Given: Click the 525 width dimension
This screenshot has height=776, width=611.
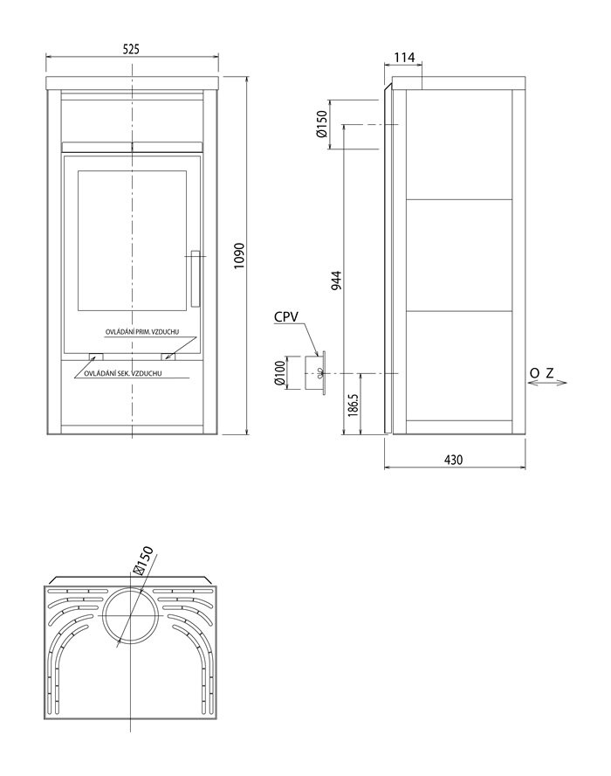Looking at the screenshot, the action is [132, 49].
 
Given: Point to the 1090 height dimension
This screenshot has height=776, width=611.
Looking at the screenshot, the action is [239, 255].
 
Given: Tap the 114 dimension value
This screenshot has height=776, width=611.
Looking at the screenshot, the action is [404, 58].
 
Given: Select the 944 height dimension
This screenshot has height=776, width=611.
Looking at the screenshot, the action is [336, 281].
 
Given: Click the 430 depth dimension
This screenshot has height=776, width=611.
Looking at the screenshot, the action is [453, 460].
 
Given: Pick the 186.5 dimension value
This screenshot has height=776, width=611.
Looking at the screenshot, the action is [353, 405].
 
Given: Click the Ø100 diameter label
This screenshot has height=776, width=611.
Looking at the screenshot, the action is [279, 373].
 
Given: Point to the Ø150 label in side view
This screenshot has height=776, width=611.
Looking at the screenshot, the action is [321, 124].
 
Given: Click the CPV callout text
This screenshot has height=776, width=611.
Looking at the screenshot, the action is [286, 316].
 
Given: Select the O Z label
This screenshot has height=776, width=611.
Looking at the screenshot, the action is [542, 373].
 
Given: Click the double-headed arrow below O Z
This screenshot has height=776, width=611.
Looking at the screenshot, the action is [548, 383].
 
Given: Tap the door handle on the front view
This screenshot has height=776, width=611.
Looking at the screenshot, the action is [196, 279].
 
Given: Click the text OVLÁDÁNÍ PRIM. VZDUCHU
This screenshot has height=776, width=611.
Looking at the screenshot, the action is [142, 331].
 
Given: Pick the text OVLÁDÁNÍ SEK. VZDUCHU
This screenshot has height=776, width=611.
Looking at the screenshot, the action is [123, 373].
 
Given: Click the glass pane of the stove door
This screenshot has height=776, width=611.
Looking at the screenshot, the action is [132, 241].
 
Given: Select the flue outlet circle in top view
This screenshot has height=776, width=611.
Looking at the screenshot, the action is [132, 615].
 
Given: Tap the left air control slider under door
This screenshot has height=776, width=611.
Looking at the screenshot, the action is [96, 357].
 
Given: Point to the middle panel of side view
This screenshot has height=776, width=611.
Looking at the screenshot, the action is [459, 255].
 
